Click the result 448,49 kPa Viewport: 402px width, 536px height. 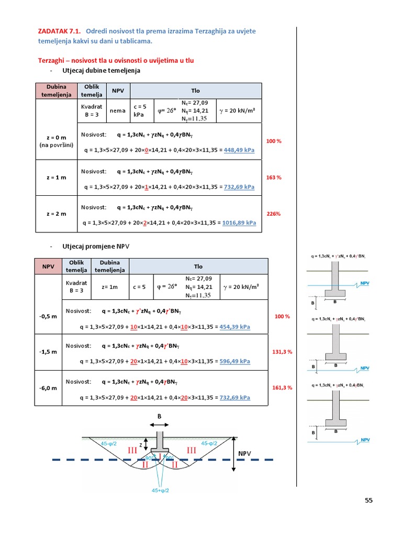click(239, 150)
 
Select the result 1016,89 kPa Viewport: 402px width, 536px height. click(239, 222)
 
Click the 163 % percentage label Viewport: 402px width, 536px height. click(274, 177)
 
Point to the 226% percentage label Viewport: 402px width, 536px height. click(274, 214)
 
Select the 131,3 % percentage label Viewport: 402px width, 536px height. click(282, 352)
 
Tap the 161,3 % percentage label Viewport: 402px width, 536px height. click(282, 387)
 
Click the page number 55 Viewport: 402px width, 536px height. click(369, 500)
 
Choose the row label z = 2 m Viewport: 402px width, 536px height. click(56, 214)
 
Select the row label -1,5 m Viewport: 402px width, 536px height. click(48, 352)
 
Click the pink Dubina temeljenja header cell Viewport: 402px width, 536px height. click(56, 91)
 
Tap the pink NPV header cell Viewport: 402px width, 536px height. click(48, 266)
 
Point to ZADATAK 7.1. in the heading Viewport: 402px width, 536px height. click(59, 31)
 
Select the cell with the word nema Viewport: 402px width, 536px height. click(117, 111)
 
